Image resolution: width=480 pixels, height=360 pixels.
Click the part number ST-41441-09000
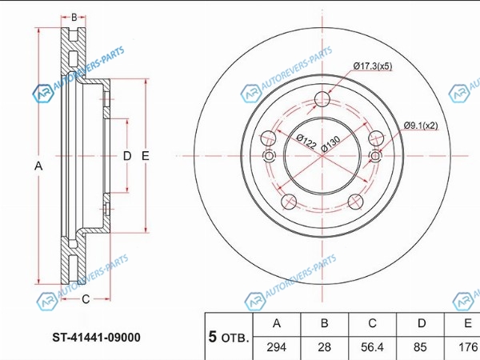click(97, 338)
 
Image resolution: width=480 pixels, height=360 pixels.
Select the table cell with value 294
click(277, 348)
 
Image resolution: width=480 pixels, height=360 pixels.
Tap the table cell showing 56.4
click(372, 348)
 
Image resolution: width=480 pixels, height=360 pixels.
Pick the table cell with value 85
click(420, 348)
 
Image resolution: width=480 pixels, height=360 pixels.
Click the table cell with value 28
click(325, 348)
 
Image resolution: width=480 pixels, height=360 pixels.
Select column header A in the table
click(277, 324)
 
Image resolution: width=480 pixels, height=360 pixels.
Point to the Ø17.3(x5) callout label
click(373, 66)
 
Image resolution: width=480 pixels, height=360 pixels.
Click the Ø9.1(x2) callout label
click(421, 126)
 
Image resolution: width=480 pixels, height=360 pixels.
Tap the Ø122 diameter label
click(306, 142)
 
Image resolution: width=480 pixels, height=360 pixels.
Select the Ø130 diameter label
click(330, 144)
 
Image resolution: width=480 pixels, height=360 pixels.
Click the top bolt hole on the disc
click(322, 99)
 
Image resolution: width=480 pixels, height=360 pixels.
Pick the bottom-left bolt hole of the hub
click(289, 202)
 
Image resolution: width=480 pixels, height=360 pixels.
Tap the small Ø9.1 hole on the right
click(375, 156)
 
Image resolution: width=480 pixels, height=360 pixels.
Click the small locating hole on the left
click(269, 156)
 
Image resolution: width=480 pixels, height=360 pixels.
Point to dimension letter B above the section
click(74, 18)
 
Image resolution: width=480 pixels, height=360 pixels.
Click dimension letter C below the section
click(86, 299)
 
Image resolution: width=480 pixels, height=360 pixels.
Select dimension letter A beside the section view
click(38, 166)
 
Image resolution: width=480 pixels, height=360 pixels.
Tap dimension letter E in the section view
click(146, 156)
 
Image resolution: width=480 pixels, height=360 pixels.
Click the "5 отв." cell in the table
click(229, 337)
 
